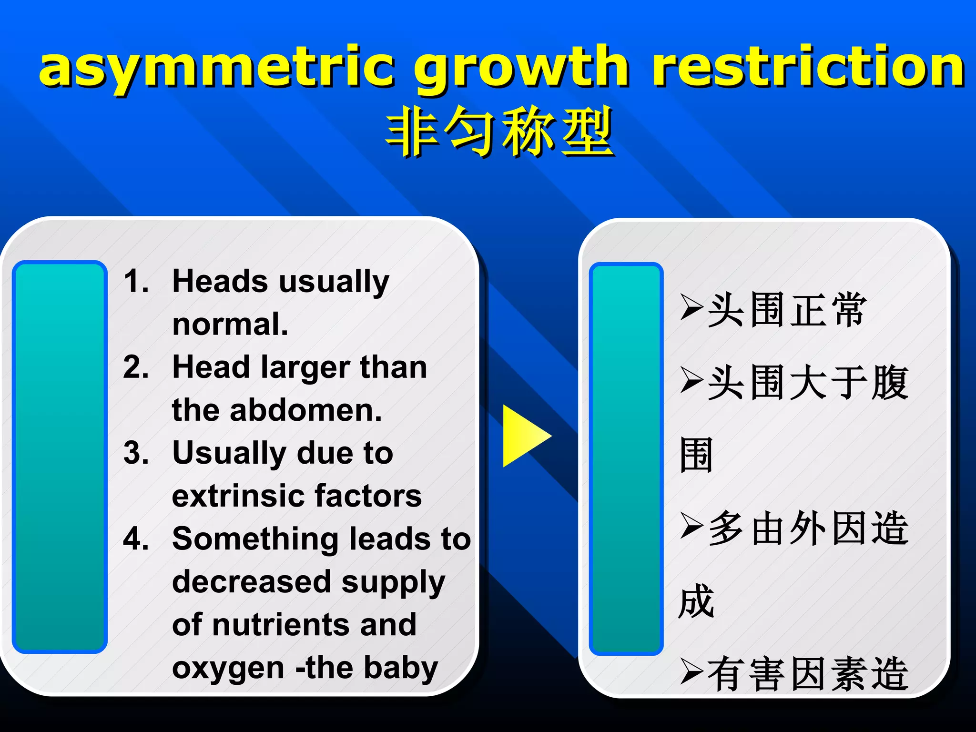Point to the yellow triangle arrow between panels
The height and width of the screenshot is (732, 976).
pyautogui.click(x=524, y=436)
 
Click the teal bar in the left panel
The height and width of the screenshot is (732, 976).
pyautogui.click(x=60, y=457)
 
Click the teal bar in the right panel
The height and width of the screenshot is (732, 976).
pyautogui.click(x=626, y=458)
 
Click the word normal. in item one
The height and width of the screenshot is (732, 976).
pyautogui.click(x=230, y=324)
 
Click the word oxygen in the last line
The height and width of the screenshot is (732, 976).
pyautogui.click(x=228, y=668)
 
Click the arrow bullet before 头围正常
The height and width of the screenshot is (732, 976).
pyautogui.click(x=691, y=307)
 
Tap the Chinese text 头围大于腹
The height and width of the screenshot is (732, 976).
pyautogui.click(x=808, y=383)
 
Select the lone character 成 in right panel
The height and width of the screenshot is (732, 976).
pyautogui.click(x=696, y=601)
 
